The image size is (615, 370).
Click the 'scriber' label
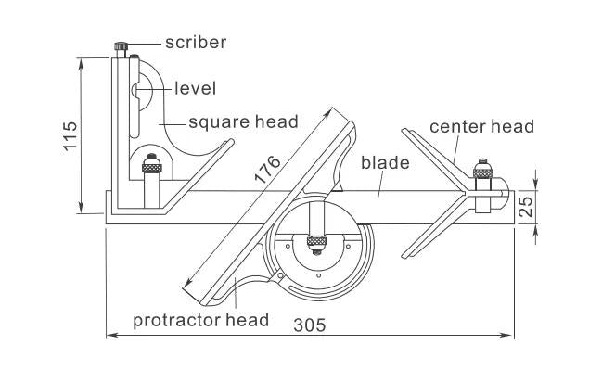(x=196, y=43)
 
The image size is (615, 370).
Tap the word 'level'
(x=196, y=88)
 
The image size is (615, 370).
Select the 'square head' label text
(x=243, y=122)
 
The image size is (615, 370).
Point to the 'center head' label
(x=481, y=127)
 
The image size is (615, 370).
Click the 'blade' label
(x=385, y=162)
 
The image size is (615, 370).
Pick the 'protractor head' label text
(x=200, y=321)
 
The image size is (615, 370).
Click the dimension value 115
(x=71, y=135)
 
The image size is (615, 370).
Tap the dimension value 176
(x=267, y=170)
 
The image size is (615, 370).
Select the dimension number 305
(x=310, y=325)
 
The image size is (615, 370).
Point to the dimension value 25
(x=526, y=207)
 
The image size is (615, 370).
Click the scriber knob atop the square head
(x=122, y=45)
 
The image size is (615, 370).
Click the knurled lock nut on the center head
(x=482, y=172)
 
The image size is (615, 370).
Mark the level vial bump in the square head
(x=135, y=90)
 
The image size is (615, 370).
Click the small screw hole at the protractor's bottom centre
(x=318, y=275)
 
